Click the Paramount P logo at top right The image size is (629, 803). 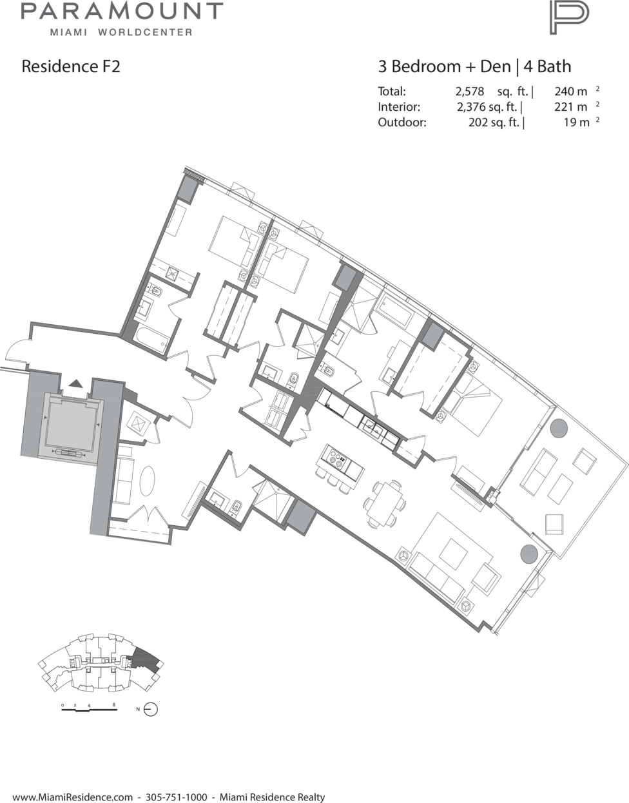569,17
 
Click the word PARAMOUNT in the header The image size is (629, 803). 122,11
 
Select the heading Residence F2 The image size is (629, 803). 71,66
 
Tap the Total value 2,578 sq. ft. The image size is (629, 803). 492,91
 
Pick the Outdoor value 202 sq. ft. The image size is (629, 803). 494,122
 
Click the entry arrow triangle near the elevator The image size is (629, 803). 76,384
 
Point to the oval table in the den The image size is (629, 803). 148,481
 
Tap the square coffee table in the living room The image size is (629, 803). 453,554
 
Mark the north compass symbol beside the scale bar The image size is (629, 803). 151,709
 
